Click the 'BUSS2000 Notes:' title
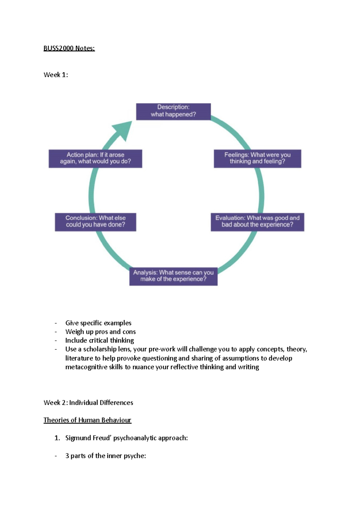69,48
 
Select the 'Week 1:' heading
56,75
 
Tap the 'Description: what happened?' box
173,112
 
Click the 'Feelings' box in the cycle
257,159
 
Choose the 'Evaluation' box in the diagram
257,222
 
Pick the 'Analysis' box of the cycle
173,276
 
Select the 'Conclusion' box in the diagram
95,222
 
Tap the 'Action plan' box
95,159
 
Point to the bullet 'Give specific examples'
98,323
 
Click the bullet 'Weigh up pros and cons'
100,332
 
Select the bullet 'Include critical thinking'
100,341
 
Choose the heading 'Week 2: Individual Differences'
88,403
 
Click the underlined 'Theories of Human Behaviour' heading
87,420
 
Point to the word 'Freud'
102,438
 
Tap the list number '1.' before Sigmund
57,438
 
